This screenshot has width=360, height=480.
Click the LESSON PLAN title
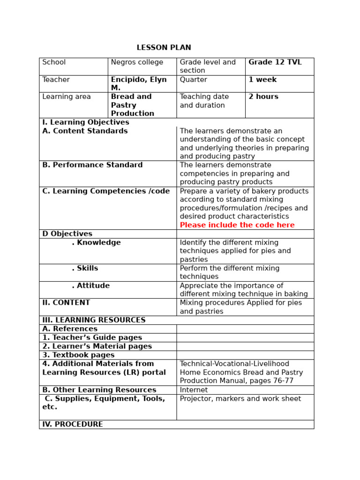coord(164,48)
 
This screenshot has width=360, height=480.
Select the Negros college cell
coord(137,62)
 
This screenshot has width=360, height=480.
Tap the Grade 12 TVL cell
coord(275,62)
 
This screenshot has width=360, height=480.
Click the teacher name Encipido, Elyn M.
coord(139,84)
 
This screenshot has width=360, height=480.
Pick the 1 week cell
coord(262,80)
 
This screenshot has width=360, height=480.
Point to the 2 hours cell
coord(263,97)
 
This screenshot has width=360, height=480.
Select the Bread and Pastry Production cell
coord(133,105)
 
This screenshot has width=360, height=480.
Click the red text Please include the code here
coord(237,225)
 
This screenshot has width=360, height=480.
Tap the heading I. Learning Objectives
coord(86,122)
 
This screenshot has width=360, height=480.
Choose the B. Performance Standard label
coord(92,165)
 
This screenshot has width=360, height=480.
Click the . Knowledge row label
coord(96,243)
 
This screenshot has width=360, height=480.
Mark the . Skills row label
coord(85,269)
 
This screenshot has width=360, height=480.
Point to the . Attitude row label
coord(90,286)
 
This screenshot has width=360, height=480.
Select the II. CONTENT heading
coord(66,303)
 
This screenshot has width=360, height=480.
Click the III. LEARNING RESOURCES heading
coord(94,320)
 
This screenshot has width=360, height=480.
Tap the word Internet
coord(194,390)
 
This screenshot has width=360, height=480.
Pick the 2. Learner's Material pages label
coord(97,346)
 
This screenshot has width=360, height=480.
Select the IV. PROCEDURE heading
coord(73,424)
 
